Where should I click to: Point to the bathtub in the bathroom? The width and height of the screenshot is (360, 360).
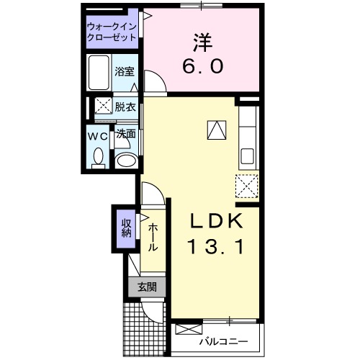pyautogui.click(x=99, y=72)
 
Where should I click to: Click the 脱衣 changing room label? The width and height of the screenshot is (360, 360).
pyautogui.click(x=125, y=107)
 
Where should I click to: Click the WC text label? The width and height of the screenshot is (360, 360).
pyautogui.click(x=98, y=135)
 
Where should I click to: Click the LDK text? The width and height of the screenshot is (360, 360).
pyautogui.click(x=217, y=220)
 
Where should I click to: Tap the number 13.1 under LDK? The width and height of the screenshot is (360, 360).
pyautogui.click(x=216, y=247)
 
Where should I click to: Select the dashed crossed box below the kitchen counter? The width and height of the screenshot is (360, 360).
pyautogui.click(x=246, y=186)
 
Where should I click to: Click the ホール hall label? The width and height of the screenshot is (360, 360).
pyautogui.click(x=153, y=237)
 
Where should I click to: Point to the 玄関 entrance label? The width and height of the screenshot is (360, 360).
pyautogui.click(x=146, y=287)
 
